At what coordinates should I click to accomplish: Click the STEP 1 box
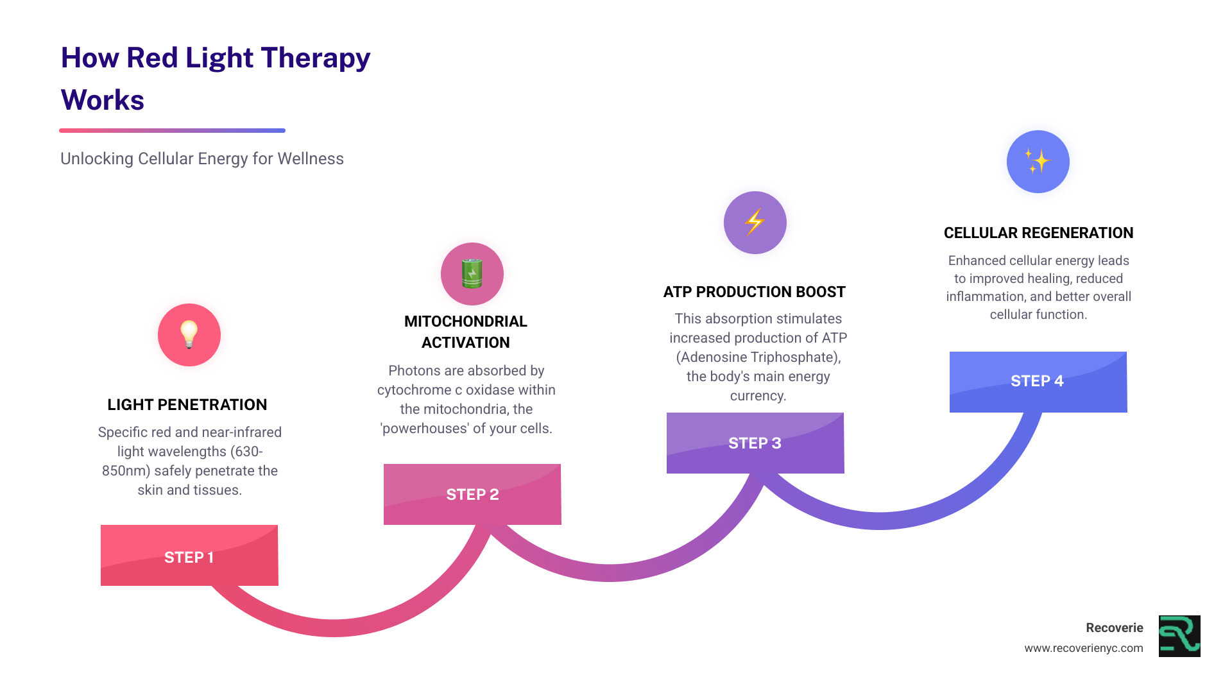click(189, 556)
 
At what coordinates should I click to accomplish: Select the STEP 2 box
click(472, 494)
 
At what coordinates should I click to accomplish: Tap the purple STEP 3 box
click(755, 443)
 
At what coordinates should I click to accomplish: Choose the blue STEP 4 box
click(1038, 381)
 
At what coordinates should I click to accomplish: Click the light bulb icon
click(189, 334)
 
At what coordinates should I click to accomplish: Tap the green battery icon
click(472, 273)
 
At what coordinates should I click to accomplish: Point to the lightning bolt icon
click(755, 222)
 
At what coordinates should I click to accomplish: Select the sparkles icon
click(1038, 161)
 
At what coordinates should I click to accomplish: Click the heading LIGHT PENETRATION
click(187, 405)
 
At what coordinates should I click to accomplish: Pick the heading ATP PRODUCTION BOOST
click(755, 292)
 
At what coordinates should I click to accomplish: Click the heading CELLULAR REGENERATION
click(1038, 233)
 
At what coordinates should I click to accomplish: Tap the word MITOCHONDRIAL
click(466, 321)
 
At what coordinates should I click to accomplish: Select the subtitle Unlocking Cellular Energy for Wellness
click(202, 158)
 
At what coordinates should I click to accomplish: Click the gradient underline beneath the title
click(172, 130)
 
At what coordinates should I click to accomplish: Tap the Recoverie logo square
click(1179, 636)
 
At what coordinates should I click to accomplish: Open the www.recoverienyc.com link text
click(1083, 648)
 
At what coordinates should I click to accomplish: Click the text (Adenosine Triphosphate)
click(758, 357)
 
